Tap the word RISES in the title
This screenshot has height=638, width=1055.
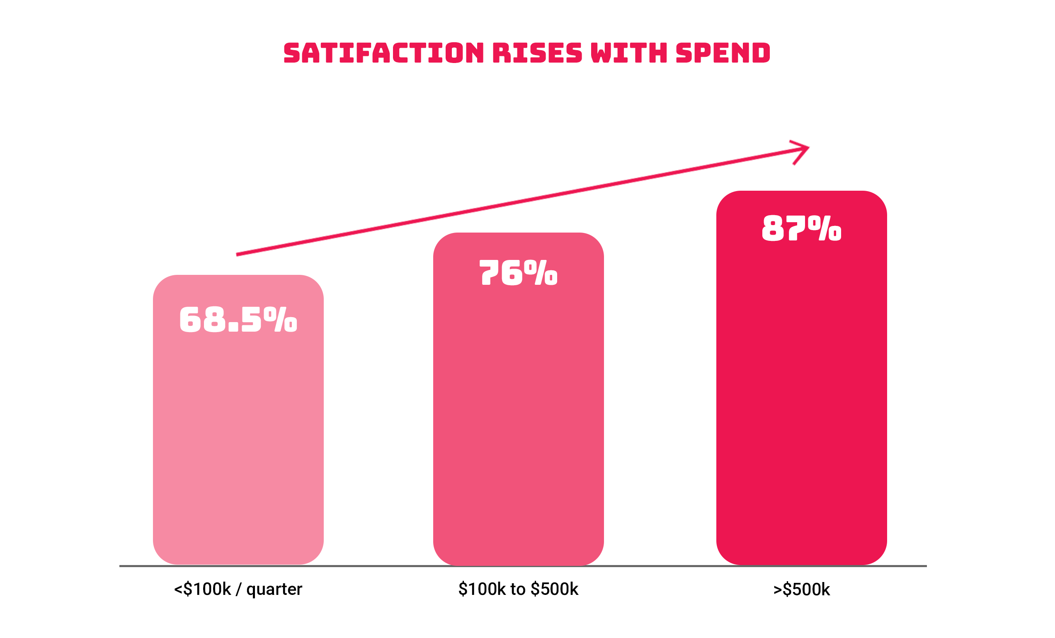[x=537, y=53]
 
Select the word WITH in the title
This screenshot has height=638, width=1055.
[x=629, y=53]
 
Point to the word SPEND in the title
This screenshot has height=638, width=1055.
[x=723, y=53]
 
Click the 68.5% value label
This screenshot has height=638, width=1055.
[x=238, y=319]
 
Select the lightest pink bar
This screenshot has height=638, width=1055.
[x=238, y=420]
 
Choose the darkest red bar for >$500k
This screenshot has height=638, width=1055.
[x=802, y=378]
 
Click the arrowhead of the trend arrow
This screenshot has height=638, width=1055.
[x=808, y=148]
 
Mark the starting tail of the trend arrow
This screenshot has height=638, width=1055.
[x=237, y=255]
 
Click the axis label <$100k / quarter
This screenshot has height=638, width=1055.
[x=238, y=589]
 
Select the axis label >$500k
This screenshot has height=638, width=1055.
[x=802, y=589]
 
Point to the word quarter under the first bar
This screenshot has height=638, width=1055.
[x=274, y=590]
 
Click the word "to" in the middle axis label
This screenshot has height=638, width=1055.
[x=518, y=589]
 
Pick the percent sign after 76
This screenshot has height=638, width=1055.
[x=541, y=272]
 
